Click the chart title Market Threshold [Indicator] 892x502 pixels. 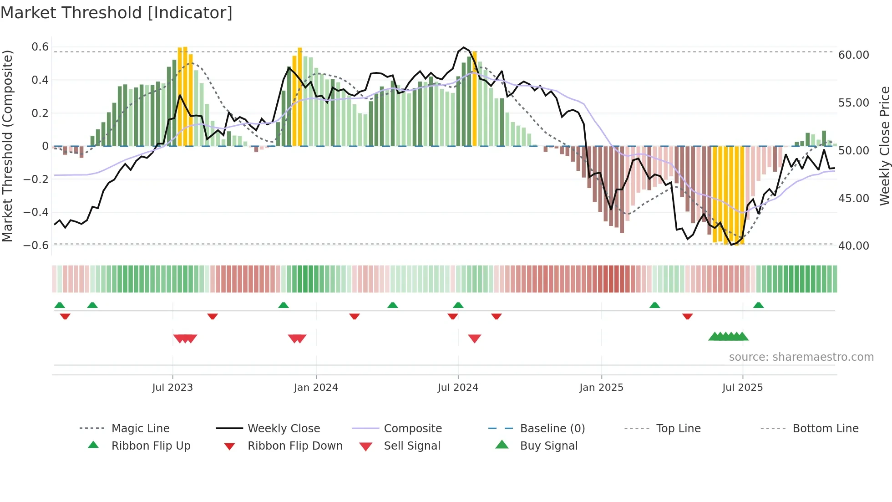click(x=117, y=13)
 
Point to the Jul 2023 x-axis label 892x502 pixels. click(x=172, y=388)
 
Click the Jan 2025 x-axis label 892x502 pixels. click(x=601, y=388)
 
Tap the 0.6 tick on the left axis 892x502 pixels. click(x=40, y=47)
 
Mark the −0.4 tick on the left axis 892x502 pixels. click(x=36, y=212)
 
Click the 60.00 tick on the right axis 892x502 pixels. click(x=854, y=55)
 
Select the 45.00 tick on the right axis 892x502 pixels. click(x=854, y=199)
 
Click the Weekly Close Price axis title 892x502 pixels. click(x=884, y=146)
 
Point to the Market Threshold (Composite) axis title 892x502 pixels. click(x=7, y=146)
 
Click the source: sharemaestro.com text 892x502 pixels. click(x=801, y=357)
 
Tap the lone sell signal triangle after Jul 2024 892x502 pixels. click(x=474, y=338)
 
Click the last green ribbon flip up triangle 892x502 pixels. click(x=758, y=305)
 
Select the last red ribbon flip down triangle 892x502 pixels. click(x=687, y=316)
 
